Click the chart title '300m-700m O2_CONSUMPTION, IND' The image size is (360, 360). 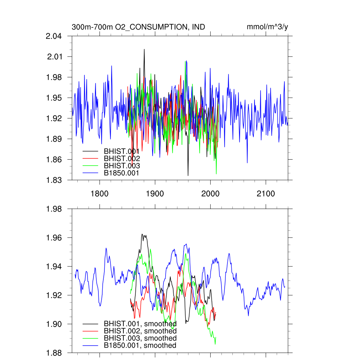138,27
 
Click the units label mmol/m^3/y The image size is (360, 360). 268,27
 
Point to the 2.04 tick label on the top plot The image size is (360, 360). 53,36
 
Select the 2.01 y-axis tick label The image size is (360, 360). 55,57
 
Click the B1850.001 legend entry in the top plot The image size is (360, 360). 122,173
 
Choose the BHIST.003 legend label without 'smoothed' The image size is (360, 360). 122,166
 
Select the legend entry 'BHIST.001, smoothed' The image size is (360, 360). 140,323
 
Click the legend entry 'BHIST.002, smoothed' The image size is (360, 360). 140,331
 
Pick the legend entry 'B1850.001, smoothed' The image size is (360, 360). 140,346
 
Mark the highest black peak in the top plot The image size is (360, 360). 144,49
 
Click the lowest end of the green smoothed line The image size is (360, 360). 215,344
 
